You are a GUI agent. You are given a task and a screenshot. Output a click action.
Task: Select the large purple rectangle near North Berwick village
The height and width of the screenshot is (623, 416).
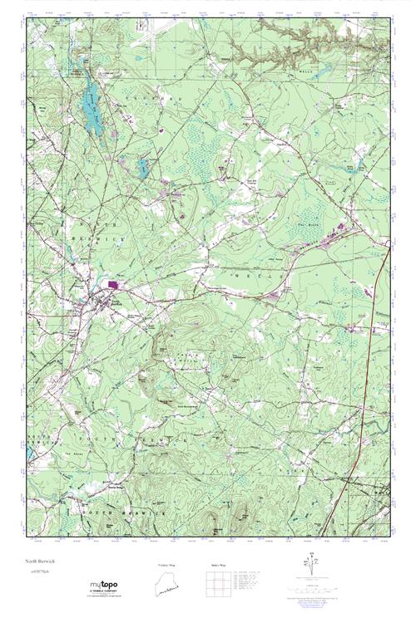111,285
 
